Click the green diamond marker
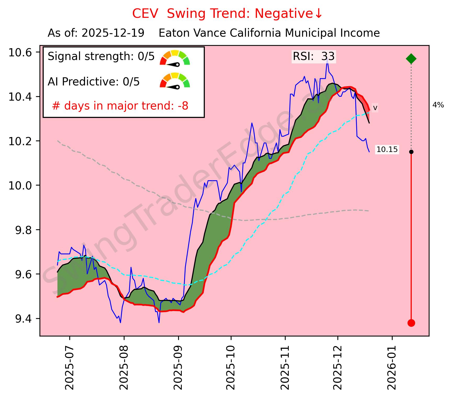[x=411, y=59]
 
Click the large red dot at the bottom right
[x=411, y=323]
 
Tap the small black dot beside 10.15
[x=411, y=152]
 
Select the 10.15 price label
[x=387, y=150]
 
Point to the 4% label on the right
[x=438, y=105]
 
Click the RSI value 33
[x=328, y=57]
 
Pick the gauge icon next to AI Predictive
[x=175, y=80]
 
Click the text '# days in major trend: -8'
[x=120, y=106]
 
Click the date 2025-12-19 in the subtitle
[x=113, y=33]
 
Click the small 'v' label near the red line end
[x=375, y=108]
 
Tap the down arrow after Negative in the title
[x=318, y=14]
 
